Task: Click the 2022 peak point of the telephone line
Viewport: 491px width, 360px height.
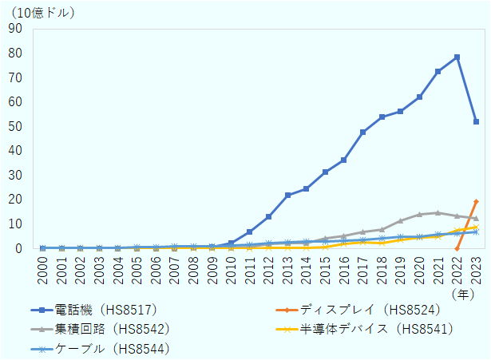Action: pyautogui.click(x=457, y=57)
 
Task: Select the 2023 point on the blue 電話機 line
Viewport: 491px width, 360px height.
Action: pyautogui.click(x=476, y=122)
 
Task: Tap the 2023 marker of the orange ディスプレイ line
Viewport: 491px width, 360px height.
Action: pyautogui.click(x=476, y=201)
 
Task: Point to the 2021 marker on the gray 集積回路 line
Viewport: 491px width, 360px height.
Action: pyautogui.click(x=438, y=212)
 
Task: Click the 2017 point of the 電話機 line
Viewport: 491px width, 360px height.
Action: pyautogui.click(x=362, y=132)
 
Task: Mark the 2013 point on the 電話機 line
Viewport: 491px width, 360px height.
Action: pyautogui.click(x=287, y=195)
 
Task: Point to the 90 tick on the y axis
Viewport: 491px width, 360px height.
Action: pyautogui.click(x=16, y=29)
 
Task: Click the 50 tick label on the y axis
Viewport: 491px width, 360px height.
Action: pyautogui.click(x=16, y=126)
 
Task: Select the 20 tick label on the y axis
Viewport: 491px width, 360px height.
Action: pyautogui.click(x=16, y=200)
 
